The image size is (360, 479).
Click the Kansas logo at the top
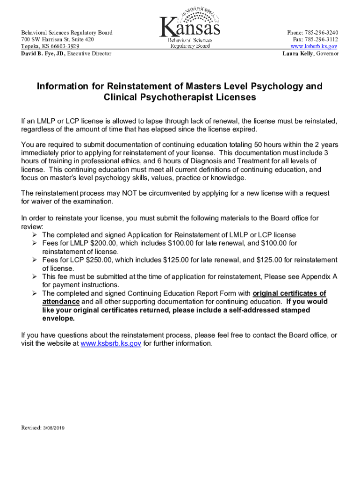point(190,29)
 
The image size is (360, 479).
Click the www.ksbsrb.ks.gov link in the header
point(314,47)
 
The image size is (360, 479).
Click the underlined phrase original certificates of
point(289,293)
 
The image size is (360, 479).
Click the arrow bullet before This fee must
point(35,276)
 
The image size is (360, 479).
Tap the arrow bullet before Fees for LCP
point(35,260)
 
